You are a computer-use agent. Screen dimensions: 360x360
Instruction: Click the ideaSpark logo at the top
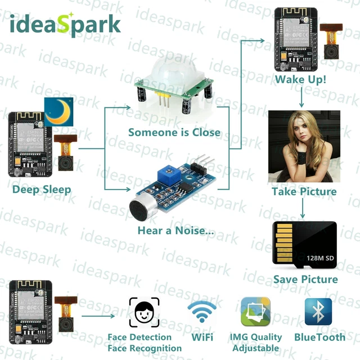click(65, 25)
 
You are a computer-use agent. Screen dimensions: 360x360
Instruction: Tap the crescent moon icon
click(58, 112)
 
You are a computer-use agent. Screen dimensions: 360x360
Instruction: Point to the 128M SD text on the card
click(320, 258)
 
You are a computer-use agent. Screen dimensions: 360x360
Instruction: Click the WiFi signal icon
click(202, 312)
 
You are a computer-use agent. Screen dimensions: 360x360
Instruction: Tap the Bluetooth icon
click(318, 312)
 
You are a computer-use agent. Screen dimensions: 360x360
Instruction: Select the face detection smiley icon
click(144, 312)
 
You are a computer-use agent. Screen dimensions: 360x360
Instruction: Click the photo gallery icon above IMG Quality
click(255, 312)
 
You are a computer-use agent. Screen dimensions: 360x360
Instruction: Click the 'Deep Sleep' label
click(42, 190)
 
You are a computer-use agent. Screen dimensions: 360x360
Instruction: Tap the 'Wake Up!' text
click(300, 79)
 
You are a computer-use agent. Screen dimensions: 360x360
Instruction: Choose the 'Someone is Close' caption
click(174, 133)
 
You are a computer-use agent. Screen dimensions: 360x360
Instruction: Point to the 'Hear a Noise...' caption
click(176, 231)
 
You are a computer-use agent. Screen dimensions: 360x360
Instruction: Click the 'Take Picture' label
click(304, 191)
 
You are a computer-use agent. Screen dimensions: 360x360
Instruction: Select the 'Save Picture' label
click(305, 279)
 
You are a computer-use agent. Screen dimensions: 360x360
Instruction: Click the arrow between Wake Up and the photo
click(301, 97)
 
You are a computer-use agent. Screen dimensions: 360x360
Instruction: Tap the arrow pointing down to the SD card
click(303, 208)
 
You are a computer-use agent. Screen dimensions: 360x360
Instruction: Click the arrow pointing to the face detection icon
click(98, 316)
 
